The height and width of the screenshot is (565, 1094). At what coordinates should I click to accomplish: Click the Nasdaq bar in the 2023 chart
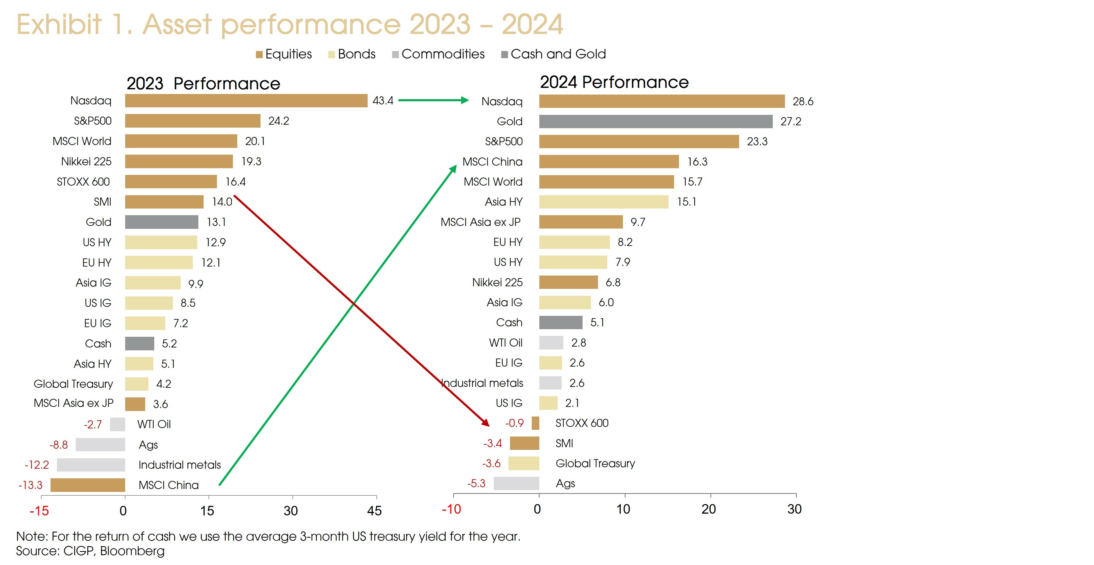246,101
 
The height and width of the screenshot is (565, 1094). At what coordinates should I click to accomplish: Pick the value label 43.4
383,101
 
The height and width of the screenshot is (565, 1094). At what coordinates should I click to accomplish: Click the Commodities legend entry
438,54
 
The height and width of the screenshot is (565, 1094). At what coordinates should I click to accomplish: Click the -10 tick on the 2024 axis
451,509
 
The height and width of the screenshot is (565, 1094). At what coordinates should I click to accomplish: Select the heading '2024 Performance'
614,82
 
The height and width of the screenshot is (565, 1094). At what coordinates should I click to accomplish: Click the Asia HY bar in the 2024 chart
603,202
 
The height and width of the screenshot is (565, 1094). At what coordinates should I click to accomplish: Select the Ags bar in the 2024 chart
516,483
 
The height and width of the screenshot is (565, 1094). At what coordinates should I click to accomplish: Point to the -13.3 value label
30,485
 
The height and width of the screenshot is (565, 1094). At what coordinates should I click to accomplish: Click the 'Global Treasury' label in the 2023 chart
73,384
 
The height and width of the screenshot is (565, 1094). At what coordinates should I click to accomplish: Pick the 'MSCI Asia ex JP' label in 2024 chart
480,222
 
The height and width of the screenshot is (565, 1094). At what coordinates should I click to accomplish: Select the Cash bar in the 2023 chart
139,344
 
